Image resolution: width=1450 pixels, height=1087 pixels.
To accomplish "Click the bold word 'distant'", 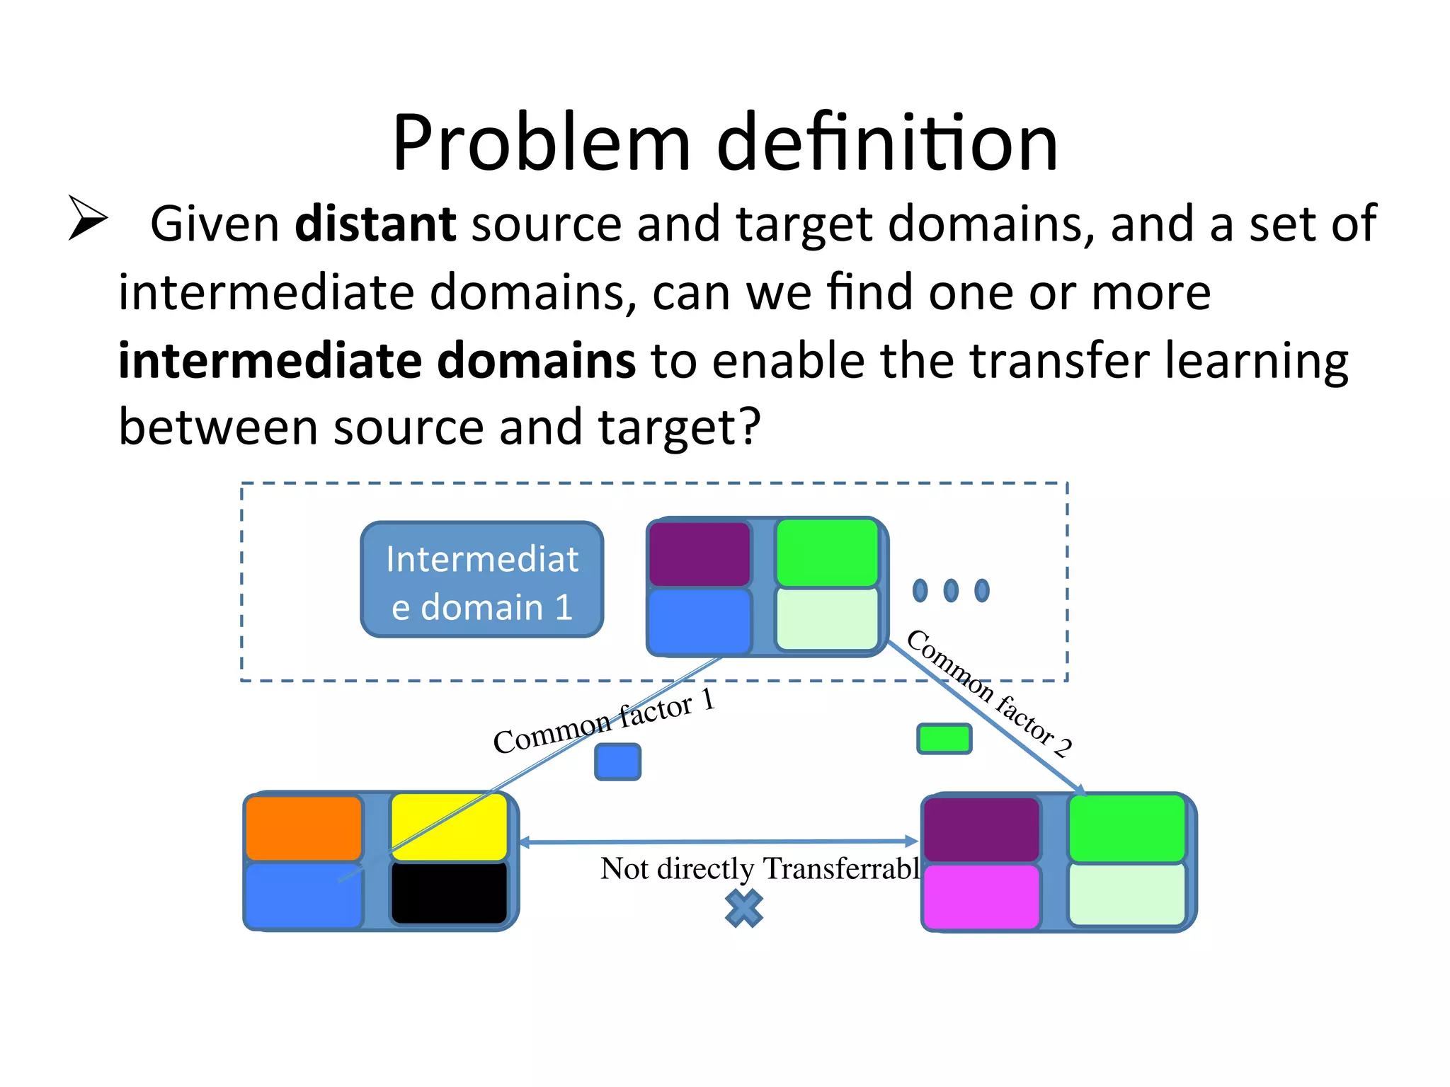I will pos(375,224).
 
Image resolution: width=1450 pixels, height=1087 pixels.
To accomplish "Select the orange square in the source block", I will pos(304,827).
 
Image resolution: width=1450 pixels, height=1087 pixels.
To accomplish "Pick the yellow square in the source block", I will pos(449,826).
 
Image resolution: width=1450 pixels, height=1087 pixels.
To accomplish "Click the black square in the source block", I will pos(449,892).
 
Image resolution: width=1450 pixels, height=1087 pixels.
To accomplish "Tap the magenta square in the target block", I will pos(981,896).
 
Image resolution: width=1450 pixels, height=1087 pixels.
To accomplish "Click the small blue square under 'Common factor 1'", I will pos(617,762).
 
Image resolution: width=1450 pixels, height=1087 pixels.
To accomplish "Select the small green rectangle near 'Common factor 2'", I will pos(944,739).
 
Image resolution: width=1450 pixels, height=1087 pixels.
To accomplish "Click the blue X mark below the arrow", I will pos(744,909).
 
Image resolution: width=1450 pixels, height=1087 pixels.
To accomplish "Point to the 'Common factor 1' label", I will pos(604,722).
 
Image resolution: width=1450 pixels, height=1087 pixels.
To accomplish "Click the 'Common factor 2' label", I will pos(989,693).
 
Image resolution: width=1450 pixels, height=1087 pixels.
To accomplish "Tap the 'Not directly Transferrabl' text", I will pos(759,868).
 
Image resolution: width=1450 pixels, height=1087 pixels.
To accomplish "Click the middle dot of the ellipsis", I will pos(951,590).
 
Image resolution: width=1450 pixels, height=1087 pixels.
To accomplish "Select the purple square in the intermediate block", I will pos(700,554).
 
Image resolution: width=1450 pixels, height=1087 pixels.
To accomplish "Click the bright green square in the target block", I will pos(1126,827).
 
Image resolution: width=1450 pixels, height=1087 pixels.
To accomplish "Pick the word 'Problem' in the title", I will pos(541,144).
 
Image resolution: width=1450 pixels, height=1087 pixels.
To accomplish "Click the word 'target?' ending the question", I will pos(680,427).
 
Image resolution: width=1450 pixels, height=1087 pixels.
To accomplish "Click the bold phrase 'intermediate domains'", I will pos(377,361).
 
